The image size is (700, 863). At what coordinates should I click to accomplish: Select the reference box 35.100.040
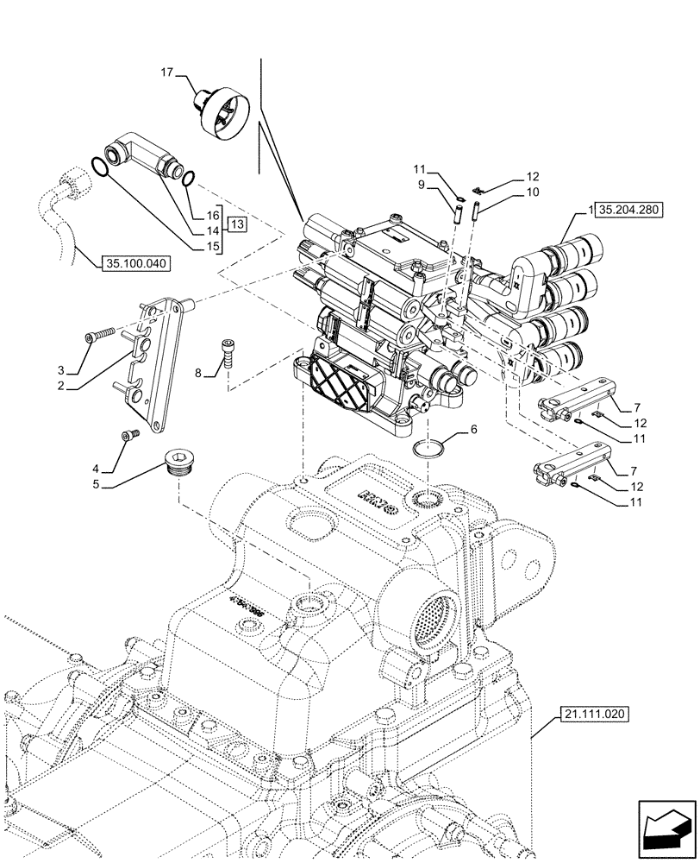tap(137, 263)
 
